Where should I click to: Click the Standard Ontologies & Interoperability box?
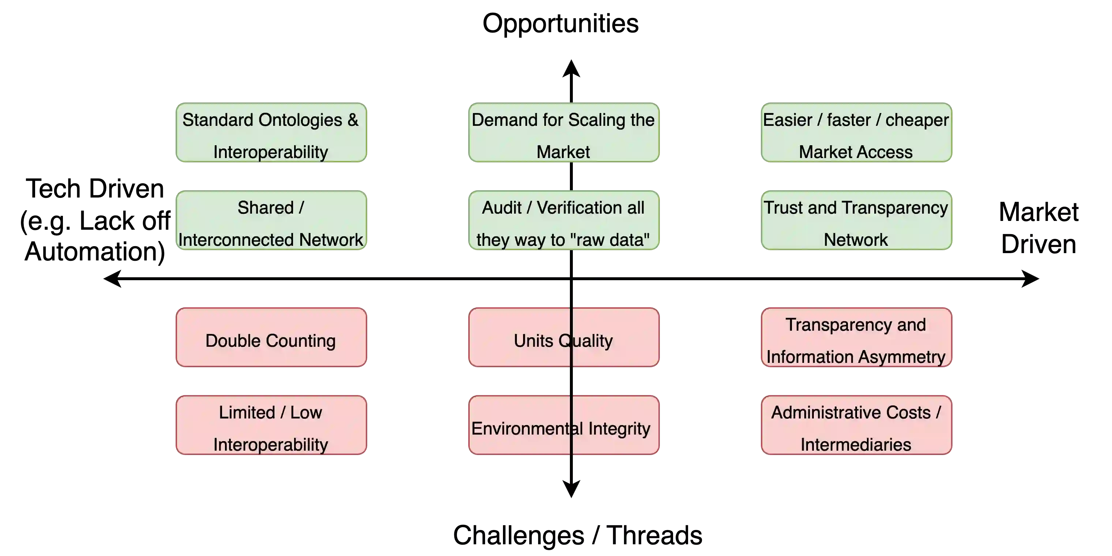[x=271, y=133]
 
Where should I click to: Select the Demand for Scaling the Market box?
[x=563, y=133]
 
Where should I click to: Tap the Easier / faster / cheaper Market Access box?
[x=856, y=133]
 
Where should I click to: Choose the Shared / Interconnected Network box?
[x=271, y=221]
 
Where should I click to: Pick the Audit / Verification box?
[x=563, y=221]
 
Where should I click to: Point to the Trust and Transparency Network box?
[x=856, y=221]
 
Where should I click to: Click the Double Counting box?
[x=271, y=338]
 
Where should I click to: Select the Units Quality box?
[x=563, y=338]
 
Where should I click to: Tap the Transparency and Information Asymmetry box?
[x=856, y=338]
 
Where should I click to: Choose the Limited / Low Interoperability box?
[x=271, y=425]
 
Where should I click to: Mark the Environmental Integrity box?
[x=563, y=425]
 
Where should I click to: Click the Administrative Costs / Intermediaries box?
[x=856, y=425]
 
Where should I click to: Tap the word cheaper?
[x=917, y=120]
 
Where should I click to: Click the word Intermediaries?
[x=856, y=445]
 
